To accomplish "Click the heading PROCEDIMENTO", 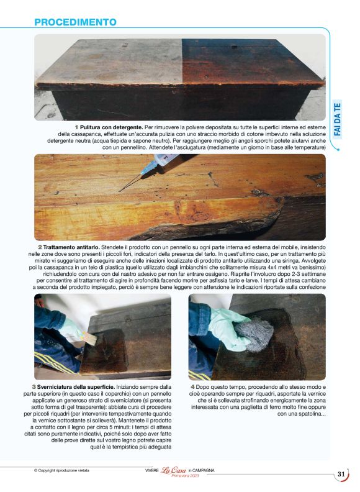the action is (75, 22).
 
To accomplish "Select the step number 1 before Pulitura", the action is (77, 127).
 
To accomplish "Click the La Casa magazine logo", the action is (174, 470).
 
